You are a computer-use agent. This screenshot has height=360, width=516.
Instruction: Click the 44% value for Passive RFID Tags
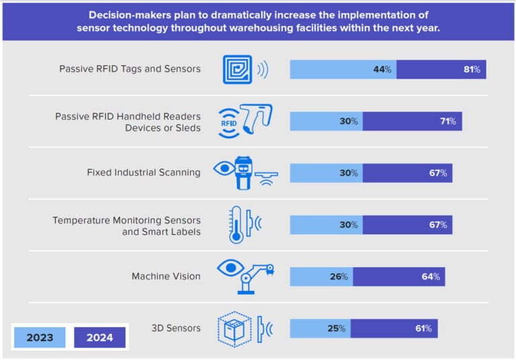[383, 69]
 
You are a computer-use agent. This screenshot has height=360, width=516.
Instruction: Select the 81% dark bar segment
[441, 69]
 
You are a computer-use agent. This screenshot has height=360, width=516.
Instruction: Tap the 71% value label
[448, 121]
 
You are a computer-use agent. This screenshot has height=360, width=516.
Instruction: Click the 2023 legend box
[40, 337]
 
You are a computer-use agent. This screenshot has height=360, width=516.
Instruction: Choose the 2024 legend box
[99, 337]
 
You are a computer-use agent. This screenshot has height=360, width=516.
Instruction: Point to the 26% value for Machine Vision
[339, 276]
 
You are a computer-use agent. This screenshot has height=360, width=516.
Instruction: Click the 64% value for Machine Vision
[431, 276]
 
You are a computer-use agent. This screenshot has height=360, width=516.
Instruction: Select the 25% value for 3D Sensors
[337, 328]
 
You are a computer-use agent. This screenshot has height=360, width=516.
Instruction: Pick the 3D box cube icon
[234, 328]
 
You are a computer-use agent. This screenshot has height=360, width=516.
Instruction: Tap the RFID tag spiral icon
[237, 70]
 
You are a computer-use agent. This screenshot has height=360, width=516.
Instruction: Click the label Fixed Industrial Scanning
[143, 172]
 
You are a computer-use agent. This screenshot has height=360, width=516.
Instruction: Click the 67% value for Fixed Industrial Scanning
[439, 173]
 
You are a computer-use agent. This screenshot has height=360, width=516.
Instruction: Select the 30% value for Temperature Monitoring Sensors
[349, 224]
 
